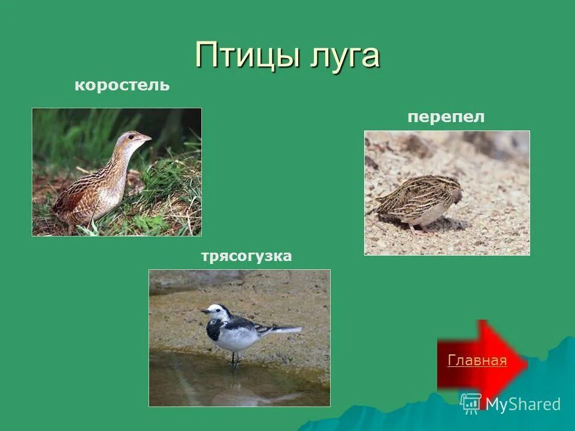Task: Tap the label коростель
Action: point(122,86)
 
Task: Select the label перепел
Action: point(446,117)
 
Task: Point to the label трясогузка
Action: point(246,257)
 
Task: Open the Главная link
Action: point(477,360)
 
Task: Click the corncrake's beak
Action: point(146,138)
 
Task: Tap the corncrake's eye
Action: point(134,137)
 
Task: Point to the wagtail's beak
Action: point(204,311)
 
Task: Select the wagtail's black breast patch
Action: point(213,329)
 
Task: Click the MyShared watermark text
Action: point(523,404)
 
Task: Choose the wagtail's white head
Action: point(217,311)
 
